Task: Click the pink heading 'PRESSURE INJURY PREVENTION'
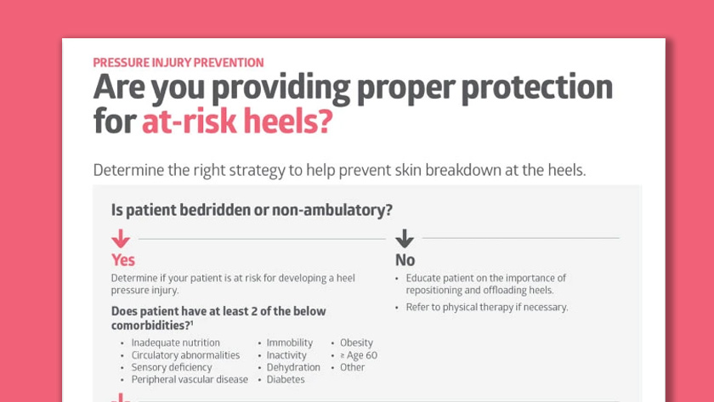tap(178, 62)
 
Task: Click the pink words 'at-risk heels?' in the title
tap(237, 121)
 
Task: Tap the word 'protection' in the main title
tap(537, 88)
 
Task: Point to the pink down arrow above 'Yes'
tap(121, 239)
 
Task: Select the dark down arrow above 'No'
tap(405, 239)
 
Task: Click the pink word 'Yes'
tap(123, 260)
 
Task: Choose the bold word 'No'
tap(405, 260)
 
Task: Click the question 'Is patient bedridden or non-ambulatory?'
tap(252, 210)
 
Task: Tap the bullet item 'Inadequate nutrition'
tap(175, 343)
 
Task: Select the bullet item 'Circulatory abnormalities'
tap(185, 355)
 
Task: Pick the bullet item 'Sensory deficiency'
tap(172, 367)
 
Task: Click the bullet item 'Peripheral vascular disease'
tap(190, 379)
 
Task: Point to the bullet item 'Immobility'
tap(290, 343)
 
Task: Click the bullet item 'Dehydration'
tap(293, 367)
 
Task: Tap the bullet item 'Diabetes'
tap(286, 379)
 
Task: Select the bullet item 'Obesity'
tap(356, 343)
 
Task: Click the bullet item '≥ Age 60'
tap(359, 355)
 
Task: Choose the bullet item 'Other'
tap(352, 367)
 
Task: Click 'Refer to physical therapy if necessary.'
tap(487, 307)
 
